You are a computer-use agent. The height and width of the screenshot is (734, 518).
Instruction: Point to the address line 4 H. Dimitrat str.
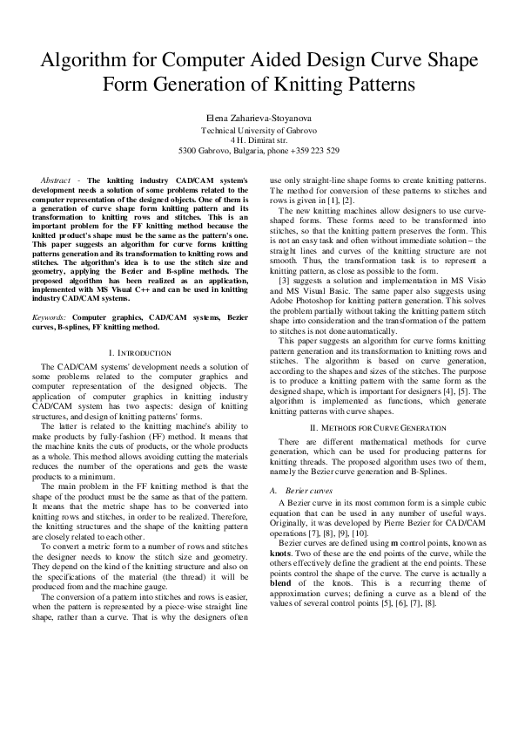[259, 139]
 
